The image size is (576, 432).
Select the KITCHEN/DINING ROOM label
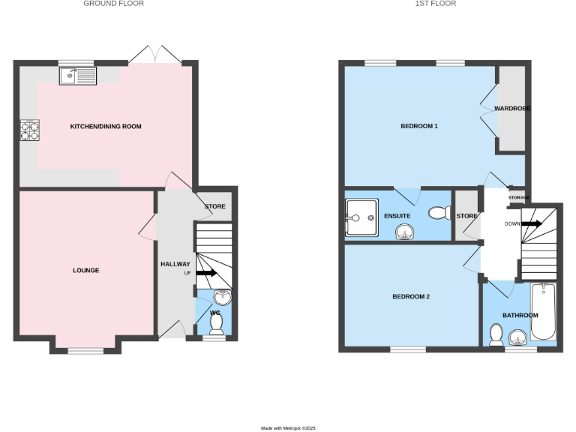(106, 127)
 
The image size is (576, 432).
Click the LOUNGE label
(86, 271)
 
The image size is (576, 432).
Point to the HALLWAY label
(175, 264)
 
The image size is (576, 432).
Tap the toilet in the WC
(216, 324)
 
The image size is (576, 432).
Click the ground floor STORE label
(214, 207)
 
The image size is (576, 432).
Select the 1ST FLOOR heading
(436, 4)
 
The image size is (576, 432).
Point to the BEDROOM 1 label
(418, 126)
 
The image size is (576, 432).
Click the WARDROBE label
(512, 109)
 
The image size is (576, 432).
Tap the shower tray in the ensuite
(361, 217)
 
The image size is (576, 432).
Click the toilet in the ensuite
(437, 214)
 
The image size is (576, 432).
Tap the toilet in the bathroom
(496, 334)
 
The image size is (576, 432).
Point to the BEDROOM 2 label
(411, 296)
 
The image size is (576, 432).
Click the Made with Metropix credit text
(288, 427)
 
